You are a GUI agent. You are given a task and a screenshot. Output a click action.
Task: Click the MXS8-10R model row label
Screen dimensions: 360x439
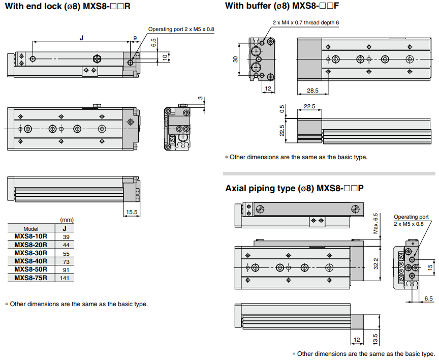pos(30,236)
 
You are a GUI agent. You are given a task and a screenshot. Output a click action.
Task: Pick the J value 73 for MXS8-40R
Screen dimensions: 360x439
pos(66,261)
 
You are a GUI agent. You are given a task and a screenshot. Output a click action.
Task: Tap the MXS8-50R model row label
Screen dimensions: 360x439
pos(30,269)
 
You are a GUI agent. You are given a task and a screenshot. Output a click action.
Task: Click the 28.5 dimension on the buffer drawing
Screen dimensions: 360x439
pos(312,91)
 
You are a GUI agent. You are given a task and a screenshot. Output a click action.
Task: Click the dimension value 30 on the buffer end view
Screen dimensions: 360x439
pos(235,59)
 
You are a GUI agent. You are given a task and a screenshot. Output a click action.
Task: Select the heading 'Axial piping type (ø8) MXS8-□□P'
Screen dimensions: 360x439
pos(294,188)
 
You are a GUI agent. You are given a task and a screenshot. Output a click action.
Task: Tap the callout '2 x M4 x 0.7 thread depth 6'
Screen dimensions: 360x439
pos(305,23)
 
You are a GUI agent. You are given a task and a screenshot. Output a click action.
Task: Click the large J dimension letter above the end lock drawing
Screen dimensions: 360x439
pos(81,38)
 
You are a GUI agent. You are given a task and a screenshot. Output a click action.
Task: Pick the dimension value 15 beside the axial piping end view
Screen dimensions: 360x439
pos(430,266)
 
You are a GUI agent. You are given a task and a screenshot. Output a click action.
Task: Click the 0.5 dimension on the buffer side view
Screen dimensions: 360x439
pos(283,109)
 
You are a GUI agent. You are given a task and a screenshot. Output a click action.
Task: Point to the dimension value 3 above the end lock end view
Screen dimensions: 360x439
pos(200,98)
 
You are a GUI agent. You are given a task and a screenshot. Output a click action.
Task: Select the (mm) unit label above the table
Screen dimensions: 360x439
pos(67,220)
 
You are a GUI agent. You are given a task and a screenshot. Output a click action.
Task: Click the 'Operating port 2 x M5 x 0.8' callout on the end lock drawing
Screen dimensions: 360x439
pos(181,29)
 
